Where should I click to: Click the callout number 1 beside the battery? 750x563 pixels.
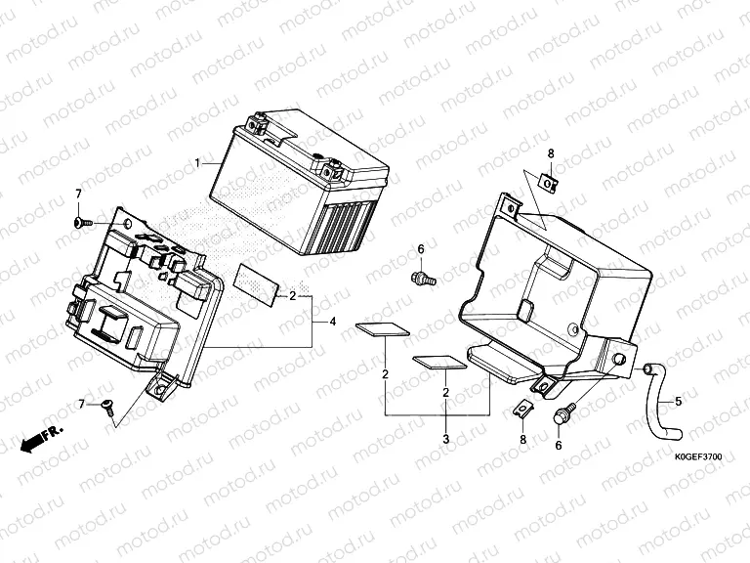198,161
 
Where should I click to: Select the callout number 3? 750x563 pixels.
446,439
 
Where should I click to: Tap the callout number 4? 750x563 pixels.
333,322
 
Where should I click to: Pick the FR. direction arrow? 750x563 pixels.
40,437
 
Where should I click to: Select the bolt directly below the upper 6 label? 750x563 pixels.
423,280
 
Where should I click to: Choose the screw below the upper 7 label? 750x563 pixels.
82,224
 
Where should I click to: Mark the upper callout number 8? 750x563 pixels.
551,154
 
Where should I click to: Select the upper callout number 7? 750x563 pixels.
78,193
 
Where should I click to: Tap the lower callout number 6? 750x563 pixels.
559,445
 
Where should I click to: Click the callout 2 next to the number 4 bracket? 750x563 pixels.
292,295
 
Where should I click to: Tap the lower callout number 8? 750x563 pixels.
522,440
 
